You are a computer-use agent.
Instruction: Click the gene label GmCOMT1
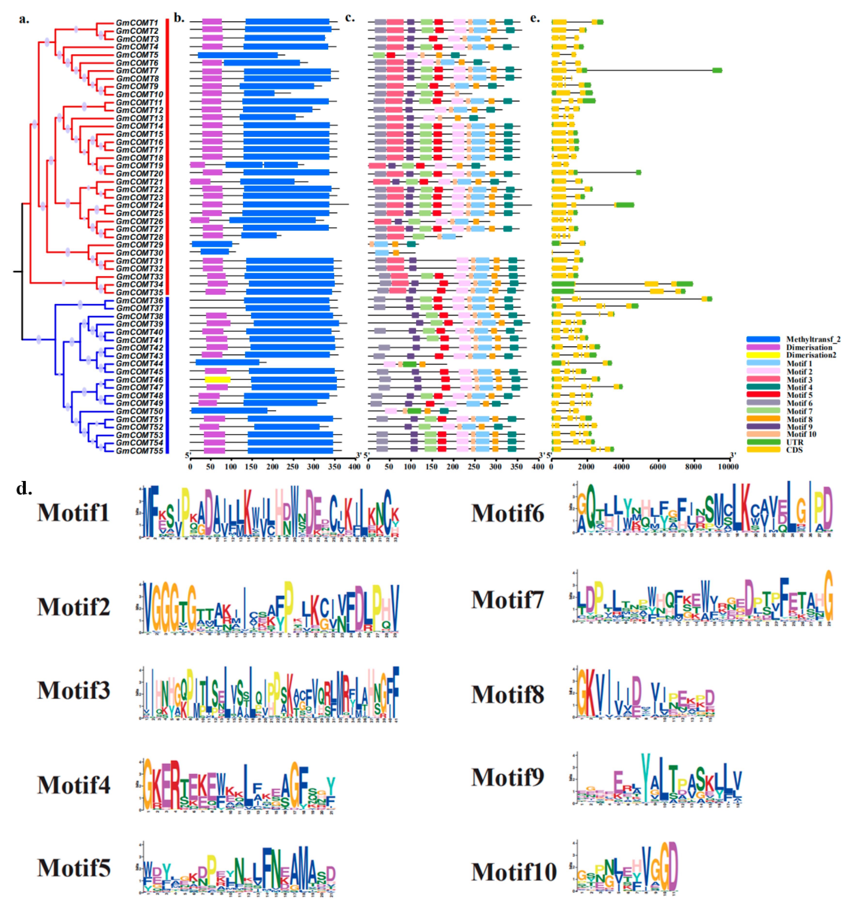[137, 23]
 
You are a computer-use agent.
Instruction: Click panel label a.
[24, 19]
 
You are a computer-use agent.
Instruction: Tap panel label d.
[24, 488]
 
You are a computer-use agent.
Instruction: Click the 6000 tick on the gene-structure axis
[657, 467]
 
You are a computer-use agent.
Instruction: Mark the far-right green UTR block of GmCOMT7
[717, 70]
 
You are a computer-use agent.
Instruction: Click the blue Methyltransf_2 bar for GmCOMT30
[214, 252]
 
